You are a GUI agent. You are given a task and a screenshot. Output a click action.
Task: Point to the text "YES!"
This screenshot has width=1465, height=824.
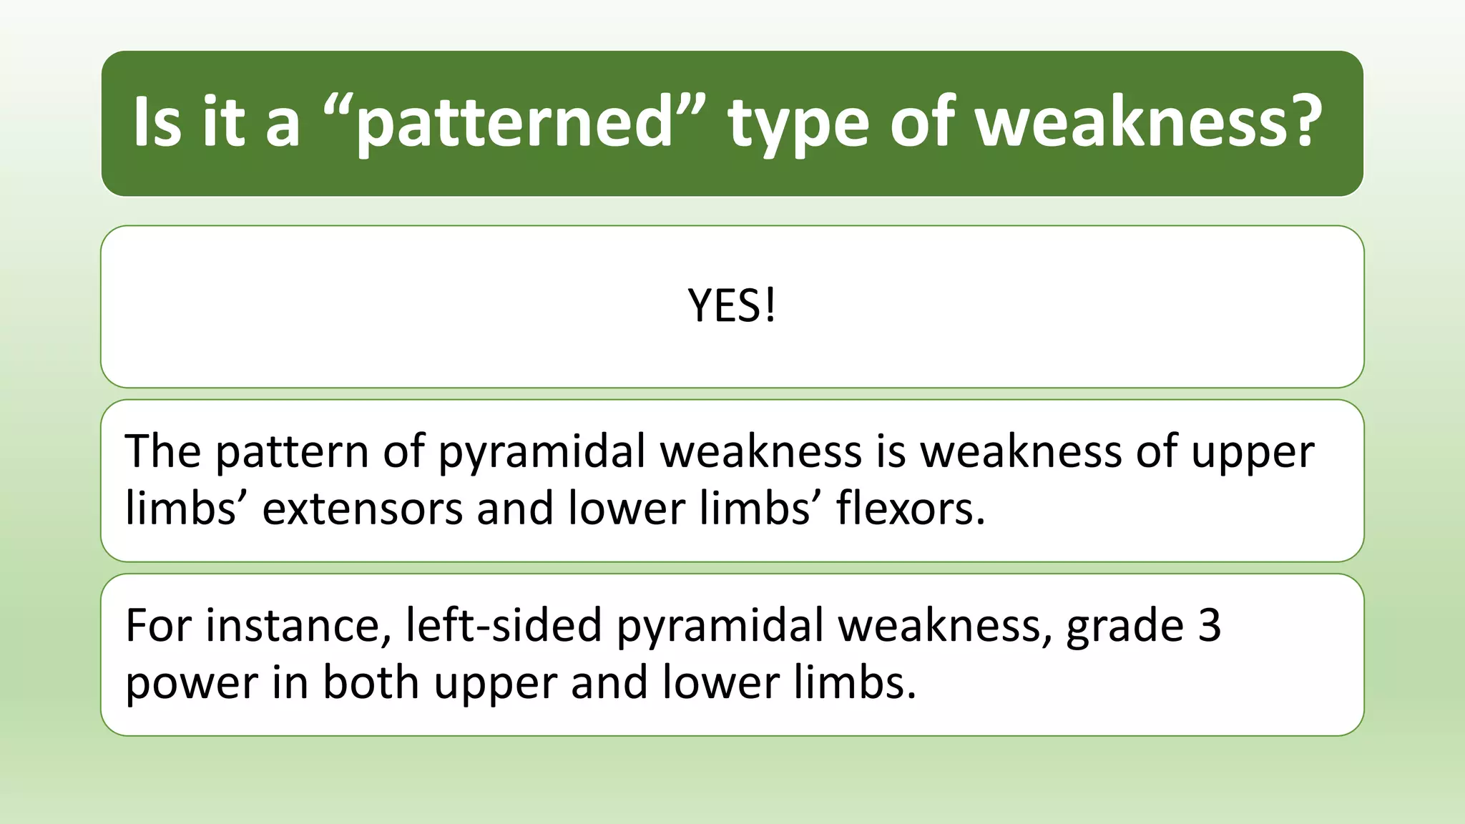pos(732,306)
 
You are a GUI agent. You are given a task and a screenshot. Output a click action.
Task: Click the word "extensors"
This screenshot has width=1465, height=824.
pos(363,509)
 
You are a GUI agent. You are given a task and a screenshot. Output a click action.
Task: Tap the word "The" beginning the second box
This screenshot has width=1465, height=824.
pos(162,451)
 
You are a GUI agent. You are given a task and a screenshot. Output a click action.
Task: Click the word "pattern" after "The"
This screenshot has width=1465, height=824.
pos(291,453)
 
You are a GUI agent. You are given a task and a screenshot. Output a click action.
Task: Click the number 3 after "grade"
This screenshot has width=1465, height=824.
pos(1209,625)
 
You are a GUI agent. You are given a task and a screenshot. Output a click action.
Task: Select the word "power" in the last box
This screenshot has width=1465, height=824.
pos(191,684)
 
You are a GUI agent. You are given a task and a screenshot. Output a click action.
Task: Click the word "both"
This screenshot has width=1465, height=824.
pos(371,682)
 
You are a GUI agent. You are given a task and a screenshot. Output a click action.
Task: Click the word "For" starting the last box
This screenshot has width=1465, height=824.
pos(158,625)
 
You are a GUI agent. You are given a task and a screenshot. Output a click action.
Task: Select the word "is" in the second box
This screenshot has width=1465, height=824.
pos(891,451)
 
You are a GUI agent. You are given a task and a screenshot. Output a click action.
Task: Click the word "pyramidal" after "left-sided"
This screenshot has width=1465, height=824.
pos(720,627)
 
